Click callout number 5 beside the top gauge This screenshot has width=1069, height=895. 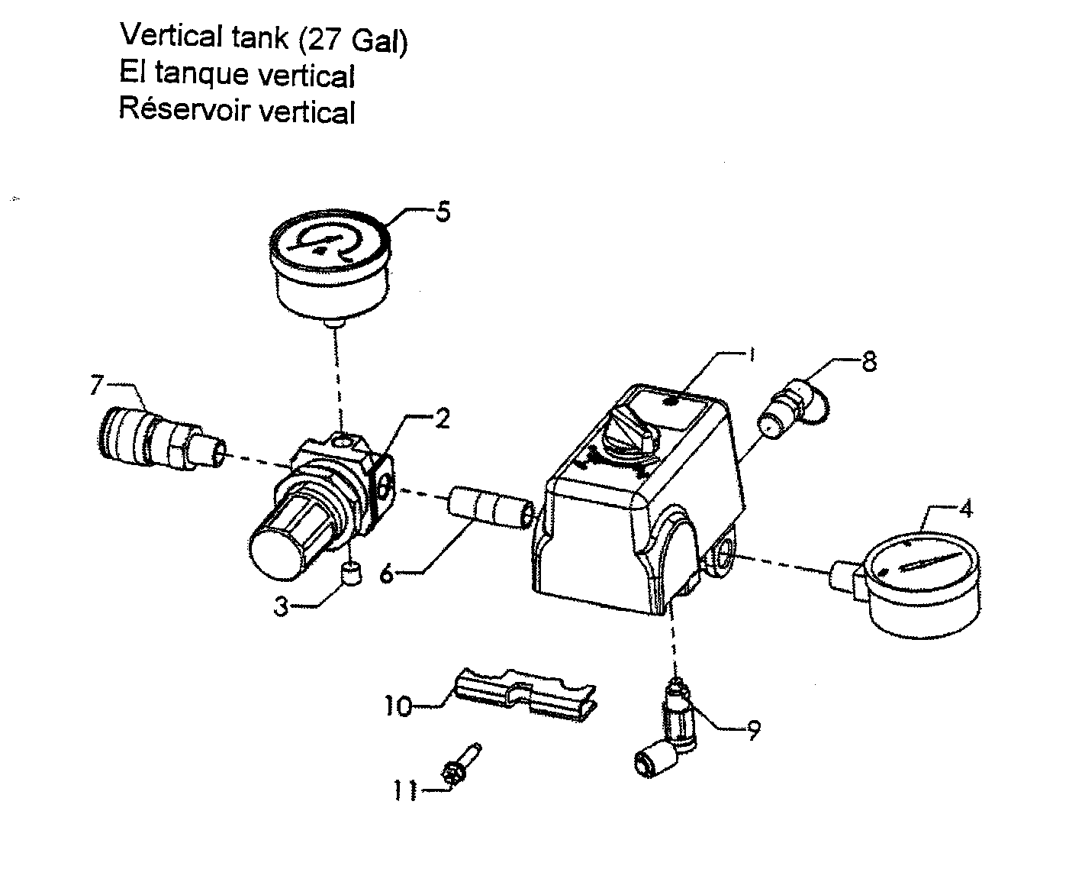(x=443, y=211)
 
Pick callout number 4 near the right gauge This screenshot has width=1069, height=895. (x=965, y=509)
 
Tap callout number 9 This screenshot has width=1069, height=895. (x=752, y=731)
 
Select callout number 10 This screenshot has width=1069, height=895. (x=399, y=705)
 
